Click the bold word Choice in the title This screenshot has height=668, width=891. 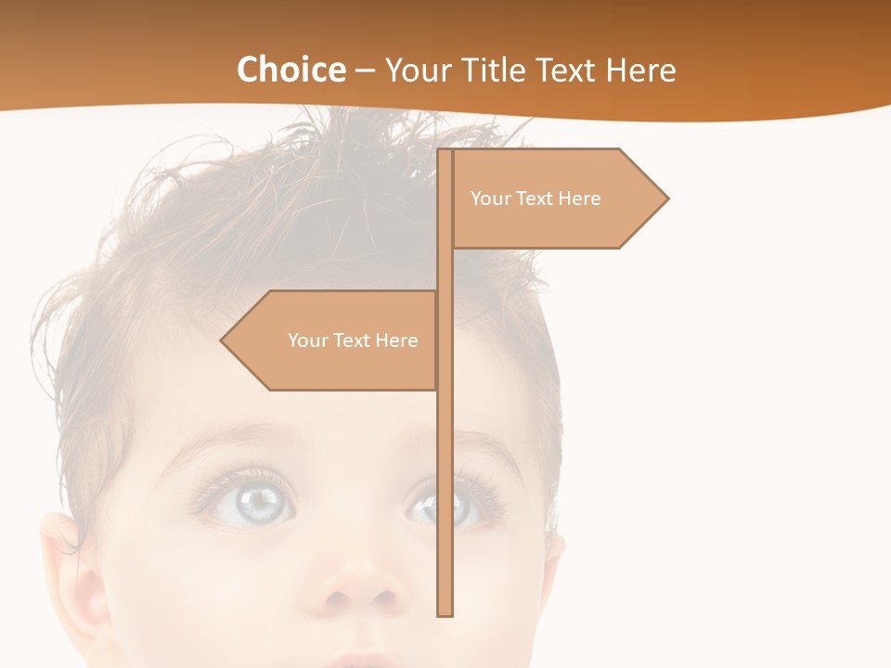point(291,70)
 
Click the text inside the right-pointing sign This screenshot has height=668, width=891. point(536,199)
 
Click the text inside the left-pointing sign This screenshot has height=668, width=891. point(353,340)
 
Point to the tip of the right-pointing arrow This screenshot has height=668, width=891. point(666,198)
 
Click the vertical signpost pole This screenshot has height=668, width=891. point(445,417)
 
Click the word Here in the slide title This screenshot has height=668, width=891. point(640,70)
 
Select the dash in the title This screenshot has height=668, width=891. point(365,70)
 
